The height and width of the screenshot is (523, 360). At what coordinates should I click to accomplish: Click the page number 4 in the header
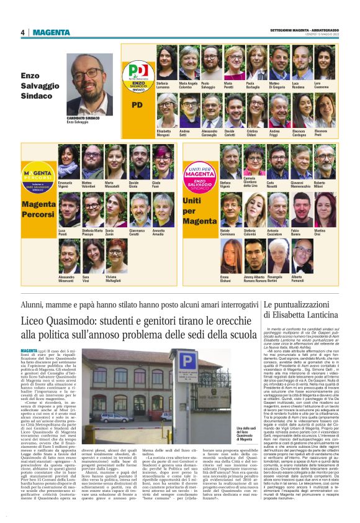tap(22, 32)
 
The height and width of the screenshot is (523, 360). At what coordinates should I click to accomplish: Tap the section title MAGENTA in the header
tap(52, 32)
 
